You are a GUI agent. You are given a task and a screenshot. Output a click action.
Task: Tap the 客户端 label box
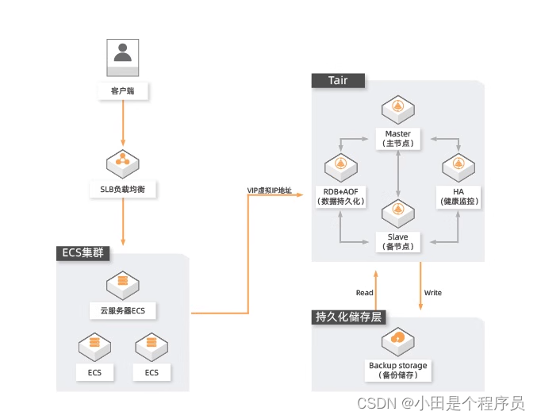pyautogui.click(x=123, y=91)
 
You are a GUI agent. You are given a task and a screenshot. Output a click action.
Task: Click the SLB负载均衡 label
pyautogui.click(x=123, y=190)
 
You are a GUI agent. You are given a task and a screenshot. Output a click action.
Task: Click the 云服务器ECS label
pyautogui.click(x=123, y=309)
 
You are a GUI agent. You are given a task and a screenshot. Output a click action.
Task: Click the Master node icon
pyautogui.click(x=397, y=108)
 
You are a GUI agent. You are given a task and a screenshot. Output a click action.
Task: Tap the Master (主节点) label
pyautogui.click(x=397, y=138)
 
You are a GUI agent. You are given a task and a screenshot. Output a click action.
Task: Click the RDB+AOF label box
pyautogui.click(x=340, y=196)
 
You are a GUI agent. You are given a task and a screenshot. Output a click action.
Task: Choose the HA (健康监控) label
pyautogui.click(x=459, y=196)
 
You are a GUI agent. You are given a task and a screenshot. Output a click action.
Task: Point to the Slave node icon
pyautogui.click(x=397, y=211)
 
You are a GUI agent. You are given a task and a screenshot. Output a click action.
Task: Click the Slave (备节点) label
pyautogui.click(x=397, y=241)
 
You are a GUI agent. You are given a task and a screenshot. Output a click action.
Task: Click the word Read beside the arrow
pyautogui.click(x=364, y=293)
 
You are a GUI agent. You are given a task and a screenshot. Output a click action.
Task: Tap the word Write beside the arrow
pyautogui.click(x=433, y=293)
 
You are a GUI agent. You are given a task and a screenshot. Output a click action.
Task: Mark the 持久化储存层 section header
pyautogui.click(x=349, y=317)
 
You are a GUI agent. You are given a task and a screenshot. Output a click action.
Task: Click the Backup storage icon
pyautogui.click(x=397, y=340)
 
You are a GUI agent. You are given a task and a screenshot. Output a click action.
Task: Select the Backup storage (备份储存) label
pyautogui.click(x=397, y=370)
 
